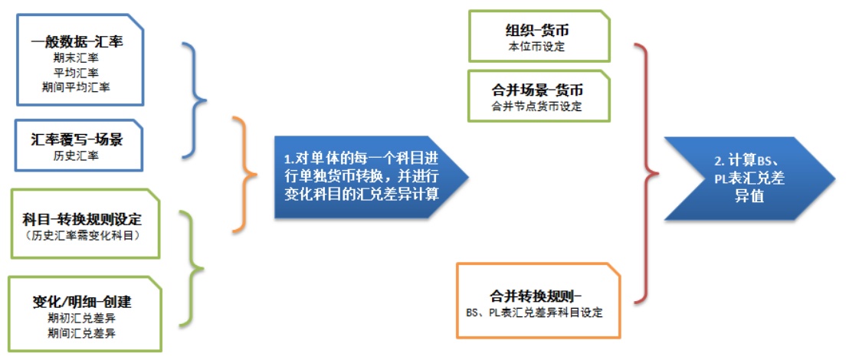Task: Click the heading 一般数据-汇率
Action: [x=79, y=41]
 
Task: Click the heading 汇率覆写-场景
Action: [x=77, y=141]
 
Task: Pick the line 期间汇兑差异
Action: [x=82, y=332]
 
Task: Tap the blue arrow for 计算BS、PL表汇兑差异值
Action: [x=750, y=178]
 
